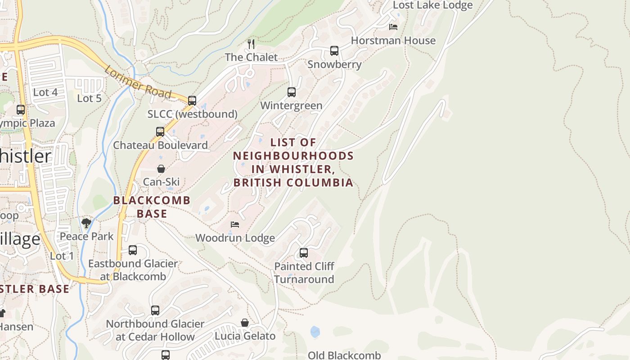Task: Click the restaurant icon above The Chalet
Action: (x=251, y=44)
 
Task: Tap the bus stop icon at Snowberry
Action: (x=334, y=51)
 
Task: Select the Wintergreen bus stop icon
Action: (x=292, y=92)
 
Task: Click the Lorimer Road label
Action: (x=138, y=82)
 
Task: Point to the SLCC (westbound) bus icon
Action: (x=192, y=101)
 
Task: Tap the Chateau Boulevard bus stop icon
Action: (x=160, y=132)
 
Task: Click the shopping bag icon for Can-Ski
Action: (x=161, y=169)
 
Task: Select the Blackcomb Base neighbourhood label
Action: (x=152, y=207)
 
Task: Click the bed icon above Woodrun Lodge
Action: (x=234, y=225)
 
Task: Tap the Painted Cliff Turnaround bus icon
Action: (x=304, y=253)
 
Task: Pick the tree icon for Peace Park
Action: (x=86, y=223)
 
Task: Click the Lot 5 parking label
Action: (x=89, y=98)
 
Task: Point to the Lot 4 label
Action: (x=45, y=92)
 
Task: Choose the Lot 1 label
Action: (x=62, y=256)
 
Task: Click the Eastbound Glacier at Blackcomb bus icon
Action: (x=133, y=250)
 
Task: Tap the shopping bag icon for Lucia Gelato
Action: (x=245, y=323)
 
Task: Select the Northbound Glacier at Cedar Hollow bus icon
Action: (x=155, y=310)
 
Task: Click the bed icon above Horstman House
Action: (x=393, y=27)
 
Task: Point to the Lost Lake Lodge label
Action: (x=432, y=5)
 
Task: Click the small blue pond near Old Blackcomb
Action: (x=315, y=332)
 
